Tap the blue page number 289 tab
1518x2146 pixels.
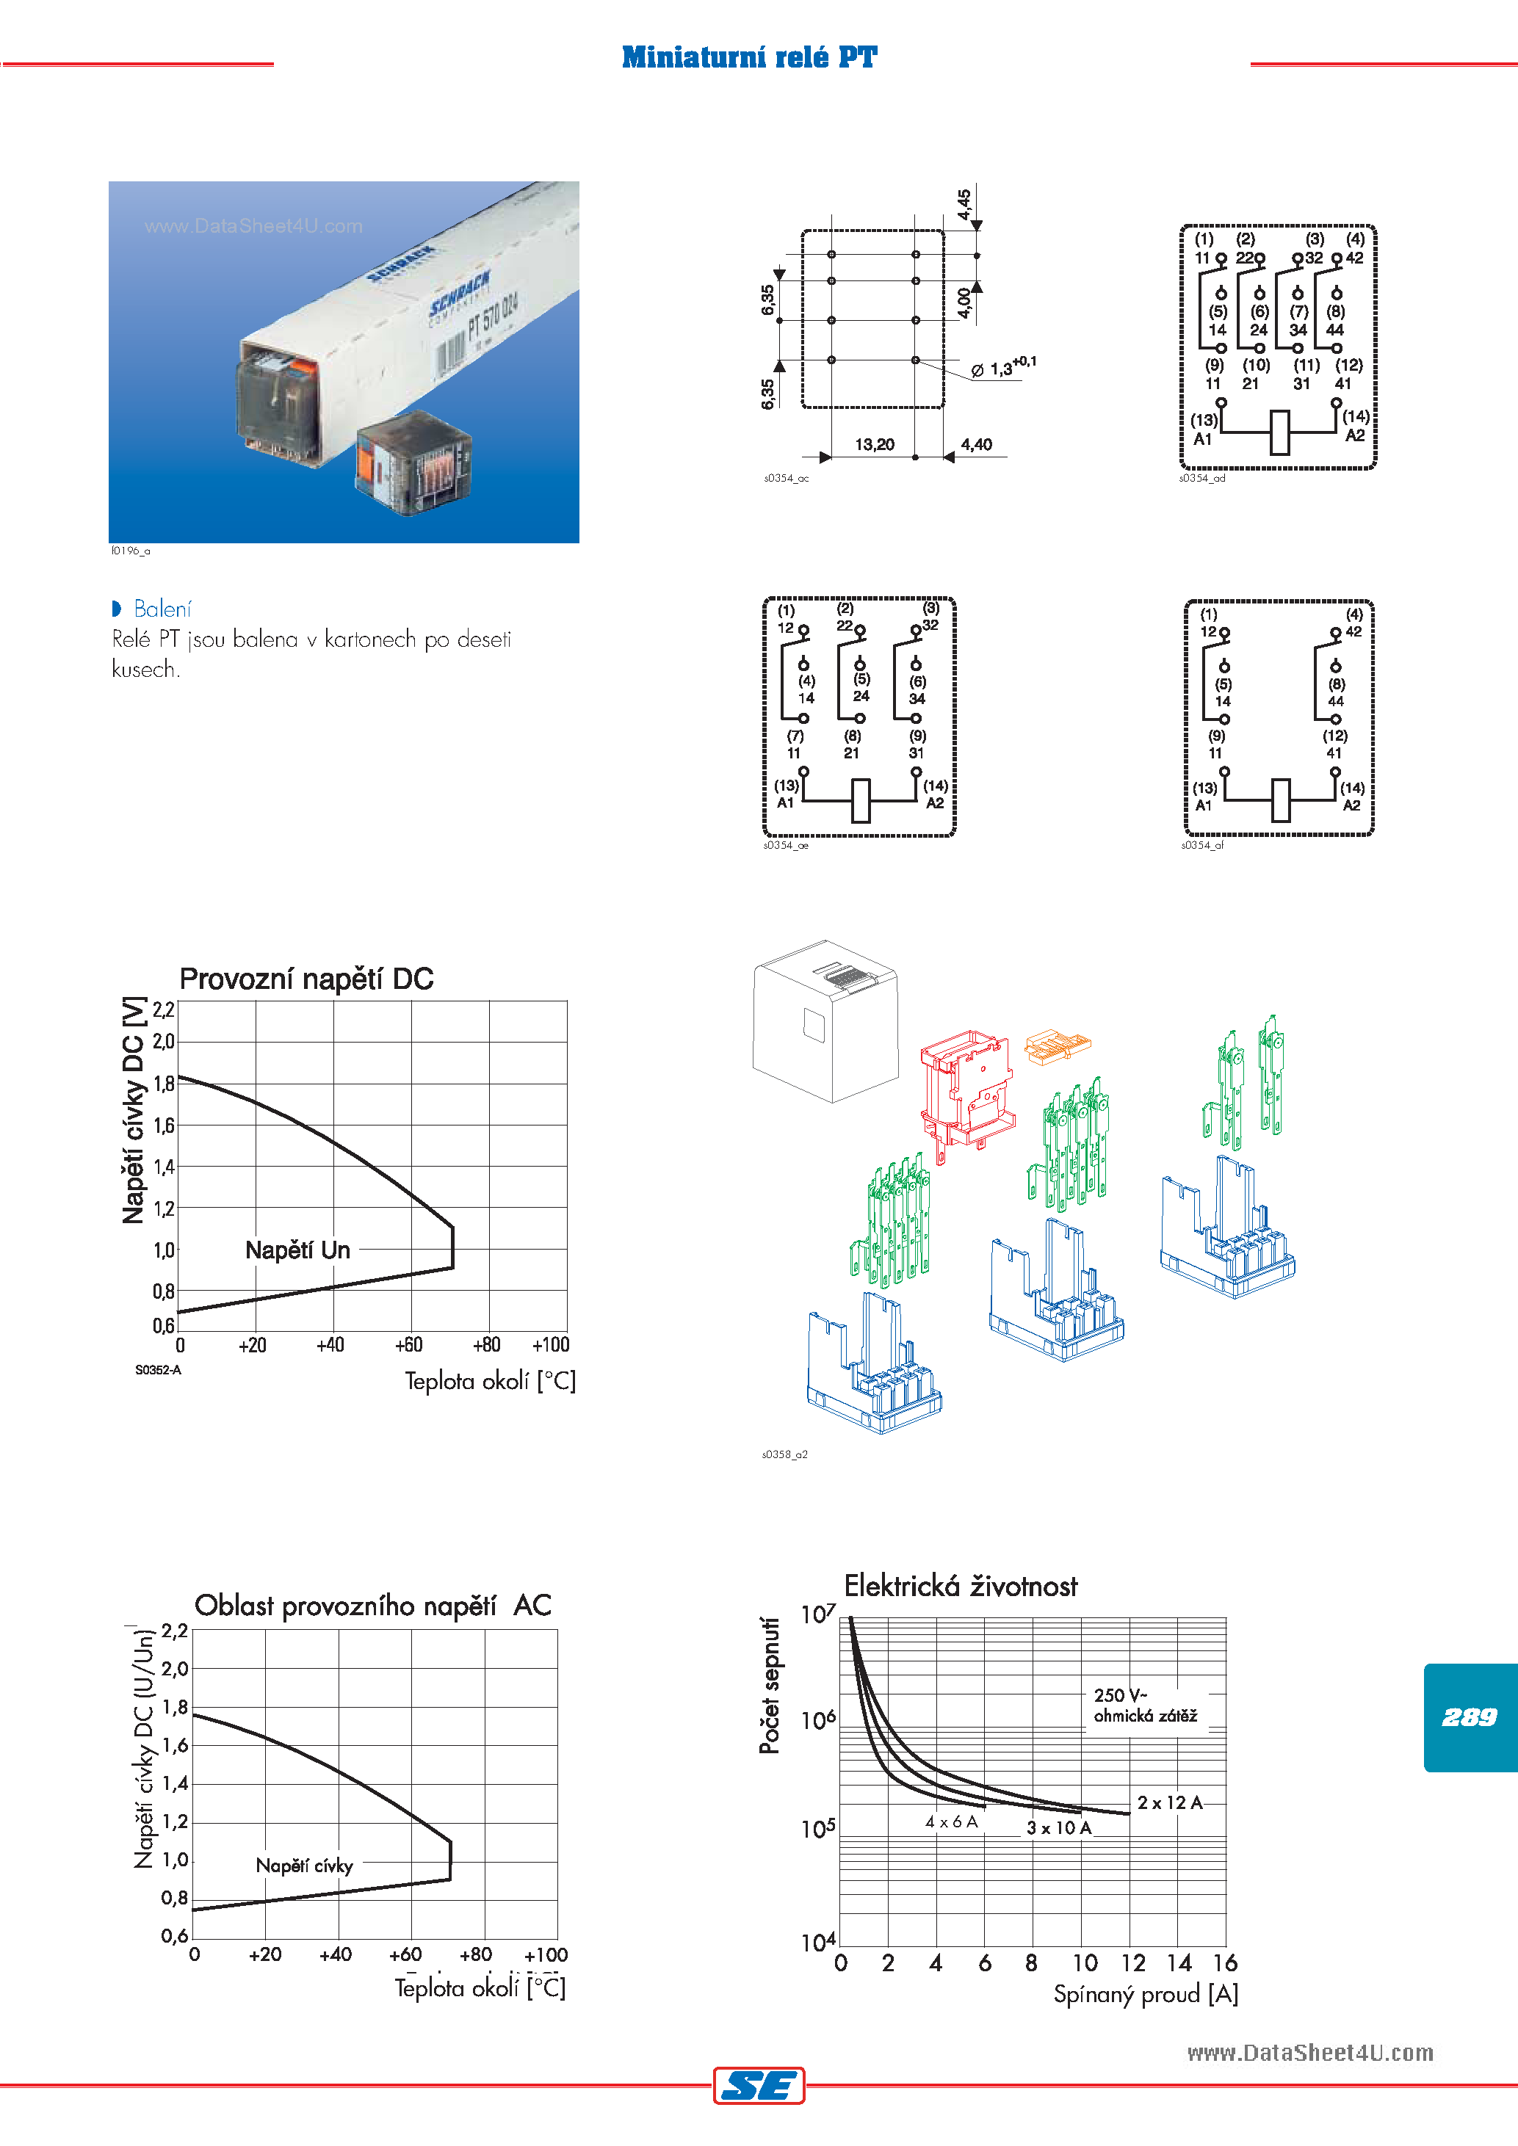(1469, 1717)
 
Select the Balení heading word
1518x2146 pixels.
(162, 609)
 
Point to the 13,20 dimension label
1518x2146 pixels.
(874, 444)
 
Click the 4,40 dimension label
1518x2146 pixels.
(976, 444)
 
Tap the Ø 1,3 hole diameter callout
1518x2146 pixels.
(1002, 369)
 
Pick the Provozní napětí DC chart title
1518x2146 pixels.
(306, 979)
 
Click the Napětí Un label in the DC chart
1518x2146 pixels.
(297, 1250)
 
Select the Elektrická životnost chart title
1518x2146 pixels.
(960, 1586)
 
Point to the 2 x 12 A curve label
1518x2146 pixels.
(1168, 1802)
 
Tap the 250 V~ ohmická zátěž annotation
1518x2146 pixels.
(1144, 1705)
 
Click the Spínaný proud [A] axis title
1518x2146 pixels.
(1145, 1995)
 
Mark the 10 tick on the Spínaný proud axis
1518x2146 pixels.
(1083, 1962)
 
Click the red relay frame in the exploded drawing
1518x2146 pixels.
(966, 1090)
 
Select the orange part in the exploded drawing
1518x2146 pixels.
(1058, 1047)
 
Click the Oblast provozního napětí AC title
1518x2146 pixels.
(372, 1606)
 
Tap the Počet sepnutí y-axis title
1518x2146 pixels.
(770, 1685)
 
